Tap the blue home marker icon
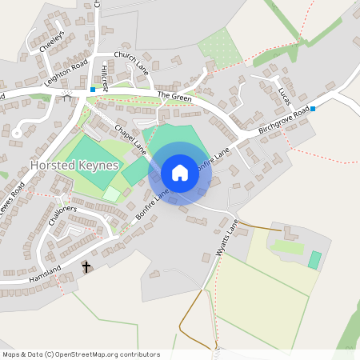(179, 173)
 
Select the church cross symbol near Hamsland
(86, 267)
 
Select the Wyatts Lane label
(227, 238)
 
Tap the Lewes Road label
(13, 198)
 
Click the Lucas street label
(282, 95)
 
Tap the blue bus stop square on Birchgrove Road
(313, 108)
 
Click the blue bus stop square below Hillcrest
(93, 90)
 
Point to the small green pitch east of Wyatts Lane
(314, 260)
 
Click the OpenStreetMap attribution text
(81, 354)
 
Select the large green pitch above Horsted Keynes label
(89, 150)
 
